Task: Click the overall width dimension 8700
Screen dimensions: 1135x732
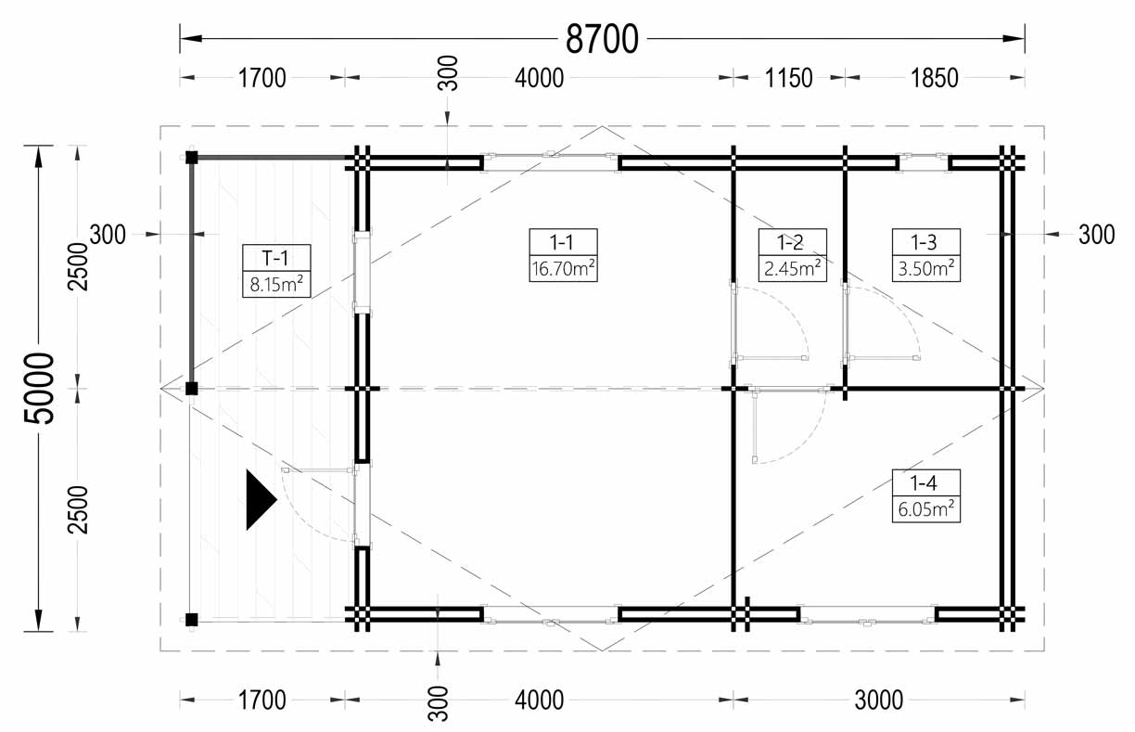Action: (602, 39)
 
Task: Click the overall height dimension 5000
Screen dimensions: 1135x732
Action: (39, 389)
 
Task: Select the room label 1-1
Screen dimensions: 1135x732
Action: (563, 242)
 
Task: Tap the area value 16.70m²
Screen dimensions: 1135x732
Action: (563, 268)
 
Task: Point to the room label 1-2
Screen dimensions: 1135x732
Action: (792, 242)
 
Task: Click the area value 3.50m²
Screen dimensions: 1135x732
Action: (925, 268)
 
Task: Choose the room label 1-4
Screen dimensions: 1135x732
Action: (925, 483)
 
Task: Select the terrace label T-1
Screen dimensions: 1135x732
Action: (275, 259)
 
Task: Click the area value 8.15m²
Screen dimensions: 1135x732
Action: (276, 285)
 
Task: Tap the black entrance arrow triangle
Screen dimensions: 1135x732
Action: (260, 500)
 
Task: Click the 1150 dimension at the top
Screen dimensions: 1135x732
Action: (788, 78)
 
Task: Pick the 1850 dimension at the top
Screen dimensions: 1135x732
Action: (935, 78)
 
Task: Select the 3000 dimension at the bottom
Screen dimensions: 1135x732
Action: (879, 700)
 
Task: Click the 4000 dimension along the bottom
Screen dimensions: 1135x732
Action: (539, 700)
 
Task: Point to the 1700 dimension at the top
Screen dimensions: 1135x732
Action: (262, 78)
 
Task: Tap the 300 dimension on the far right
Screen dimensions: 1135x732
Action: (1096, 235)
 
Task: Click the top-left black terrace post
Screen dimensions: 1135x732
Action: (191, 158)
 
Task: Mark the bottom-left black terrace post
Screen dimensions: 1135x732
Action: (191, 620)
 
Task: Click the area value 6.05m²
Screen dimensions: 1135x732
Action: (925, 509)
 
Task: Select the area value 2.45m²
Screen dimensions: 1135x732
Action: (792, 268)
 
